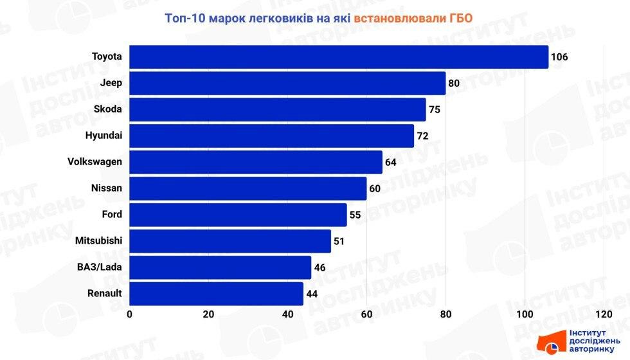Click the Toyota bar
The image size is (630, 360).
click(x=339, y=57)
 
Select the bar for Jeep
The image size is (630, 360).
click(x=287, y=83)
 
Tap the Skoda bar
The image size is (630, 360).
click(x=278, y=109)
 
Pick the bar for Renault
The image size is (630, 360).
click(x=216, y=294)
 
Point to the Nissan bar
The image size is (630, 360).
click(x=248, y=188)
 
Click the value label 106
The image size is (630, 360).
click(x=559, y=57)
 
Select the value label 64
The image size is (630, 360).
click(x=390, y=162)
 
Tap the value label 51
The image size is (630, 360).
click(x=339, y=241)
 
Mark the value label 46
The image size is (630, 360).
click(x=319, y=267)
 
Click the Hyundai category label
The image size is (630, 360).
click(x=104, y=136)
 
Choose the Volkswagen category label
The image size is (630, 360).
click(x=94, y=162)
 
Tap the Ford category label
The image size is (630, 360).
click(x=112, y=215)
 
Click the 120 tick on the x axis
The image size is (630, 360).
click(x=603, y=314)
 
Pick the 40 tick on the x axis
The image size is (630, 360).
click(x=287, y=314)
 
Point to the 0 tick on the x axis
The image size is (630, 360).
click(x=130, y=314)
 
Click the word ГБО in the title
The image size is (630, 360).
click(x=458, y=18)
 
